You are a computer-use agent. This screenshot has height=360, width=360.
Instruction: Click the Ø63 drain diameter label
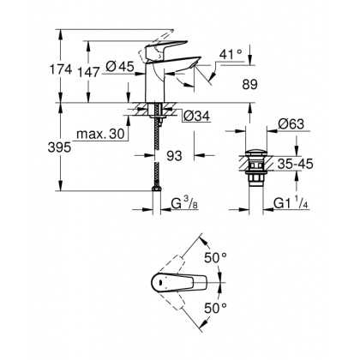[x=293, y=124]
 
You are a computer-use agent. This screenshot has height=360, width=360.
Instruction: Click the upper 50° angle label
[x=216, y=256]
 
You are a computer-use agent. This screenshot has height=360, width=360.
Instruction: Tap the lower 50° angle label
[x=216, y=306]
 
